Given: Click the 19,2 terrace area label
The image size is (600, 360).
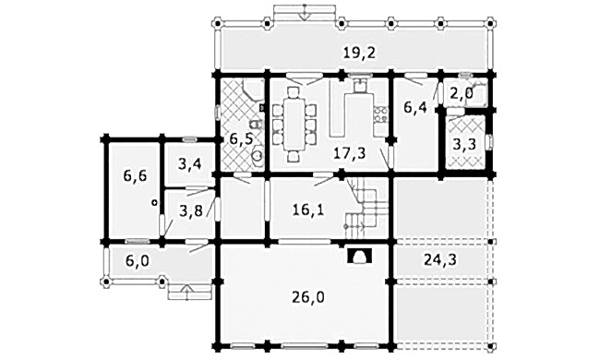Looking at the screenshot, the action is [x=359, y=54].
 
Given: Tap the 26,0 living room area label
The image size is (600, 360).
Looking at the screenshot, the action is [x=308, y=296].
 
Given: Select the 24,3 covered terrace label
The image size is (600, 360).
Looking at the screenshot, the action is [x=440, y=259].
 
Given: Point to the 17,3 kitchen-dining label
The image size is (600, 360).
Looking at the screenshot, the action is [x=349, y=153].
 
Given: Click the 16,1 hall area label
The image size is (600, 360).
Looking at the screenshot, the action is [x=307, y=210].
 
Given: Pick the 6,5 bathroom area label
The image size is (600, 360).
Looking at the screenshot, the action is [x=241, y=138].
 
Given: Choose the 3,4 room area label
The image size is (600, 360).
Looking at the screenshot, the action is [x=190, y=165].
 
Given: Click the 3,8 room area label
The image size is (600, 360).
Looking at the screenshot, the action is [x=190, y=210].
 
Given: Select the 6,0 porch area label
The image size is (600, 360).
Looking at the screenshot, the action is [x=138, y=261].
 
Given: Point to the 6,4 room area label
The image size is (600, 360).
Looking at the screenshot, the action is [x=415, y=107].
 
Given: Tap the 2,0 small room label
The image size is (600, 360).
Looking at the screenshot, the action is [x=462, y=93].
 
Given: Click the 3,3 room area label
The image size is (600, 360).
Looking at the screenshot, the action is [x=464, y=144].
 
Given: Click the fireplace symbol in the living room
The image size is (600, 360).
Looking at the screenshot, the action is [x=359, y=256].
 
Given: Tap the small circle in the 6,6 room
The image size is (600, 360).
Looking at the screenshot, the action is [x=154, y=202].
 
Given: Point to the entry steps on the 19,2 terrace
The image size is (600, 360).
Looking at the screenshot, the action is [x=305, y=12].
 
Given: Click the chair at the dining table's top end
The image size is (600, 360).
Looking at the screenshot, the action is [x=294, y=92].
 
